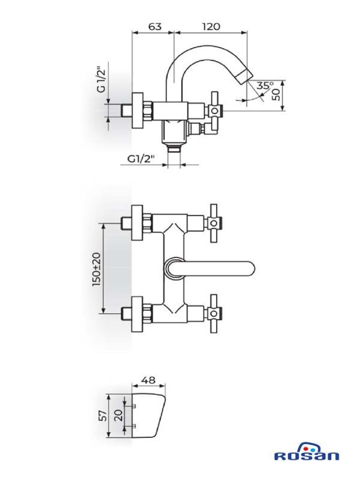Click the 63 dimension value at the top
(155, 26)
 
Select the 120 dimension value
(211, 26)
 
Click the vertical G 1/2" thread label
(101, 79)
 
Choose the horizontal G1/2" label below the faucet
(141, 159)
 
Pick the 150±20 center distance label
(97, 269)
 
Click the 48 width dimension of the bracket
(148, 380)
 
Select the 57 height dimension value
(104, 415)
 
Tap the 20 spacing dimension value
(119, 415)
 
